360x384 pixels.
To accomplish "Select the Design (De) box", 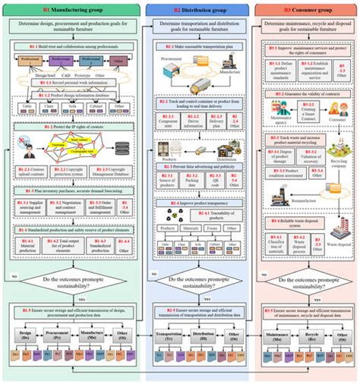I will click(24, 335).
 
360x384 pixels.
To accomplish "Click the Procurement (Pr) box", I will click(52, 335).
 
